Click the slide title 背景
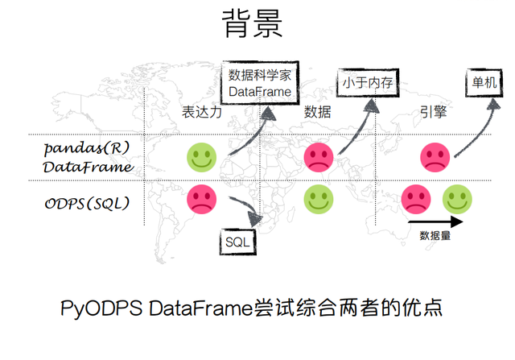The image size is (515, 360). click(252, 23)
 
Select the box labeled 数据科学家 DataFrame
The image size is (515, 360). click(260, 83)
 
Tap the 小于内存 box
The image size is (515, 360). click(368, 83)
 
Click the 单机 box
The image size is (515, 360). click(484, 82)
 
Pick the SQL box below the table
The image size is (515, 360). click(238, 242)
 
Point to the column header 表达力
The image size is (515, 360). click(202, 112)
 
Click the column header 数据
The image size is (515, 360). click(317, 112)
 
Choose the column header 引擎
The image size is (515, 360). click(433, 112)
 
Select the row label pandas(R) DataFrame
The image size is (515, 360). click(88, 158)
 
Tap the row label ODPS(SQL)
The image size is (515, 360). click(87, 204)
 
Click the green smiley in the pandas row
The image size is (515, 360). click(202, 158)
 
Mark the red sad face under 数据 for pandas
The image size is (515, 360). click(319, 158)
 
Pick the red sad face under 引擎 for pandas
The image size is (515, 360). click(435, 158)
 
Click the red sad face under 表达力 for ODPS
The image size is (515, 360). click(202, 199)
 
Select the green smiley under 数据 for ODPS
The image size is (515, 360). click(319, 199)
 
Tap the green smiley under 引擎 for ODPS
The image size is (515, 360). click(457, 199)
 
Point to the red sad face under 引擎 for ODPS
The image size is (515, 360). click(416, 199)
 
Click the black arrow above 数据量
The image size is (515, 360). click(435, 222)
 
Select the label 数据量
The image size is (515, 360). click(435, 236)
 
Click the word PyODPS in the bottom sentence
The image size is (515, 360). click(101, 308)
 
